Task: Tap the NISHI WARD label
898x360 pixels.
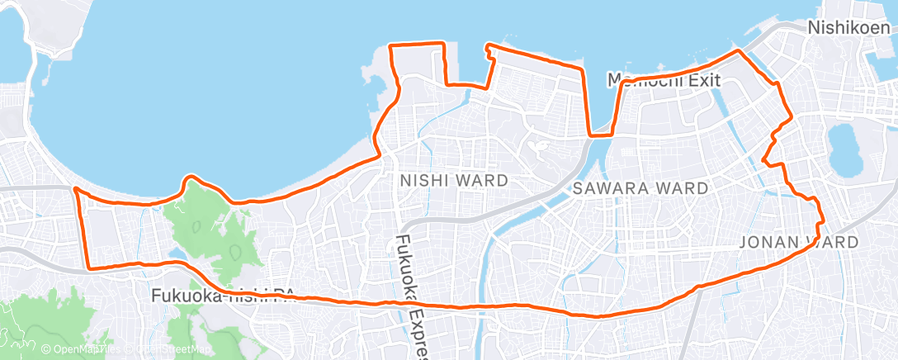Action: coord(453,181)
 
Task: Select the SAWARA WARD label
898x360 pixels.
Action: coord(640,188)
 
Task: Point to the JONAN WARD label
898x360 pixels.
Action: coord(799,242)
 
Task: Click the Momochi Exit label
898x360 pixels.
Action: coord(664,81)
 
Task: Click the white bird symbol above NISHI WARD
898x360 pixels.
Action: coord(540,148)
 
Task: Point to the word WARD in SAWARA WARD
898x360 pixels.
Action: coord(682,188)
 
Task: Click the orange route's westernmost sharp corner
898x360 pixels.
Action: coord(76,189)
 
